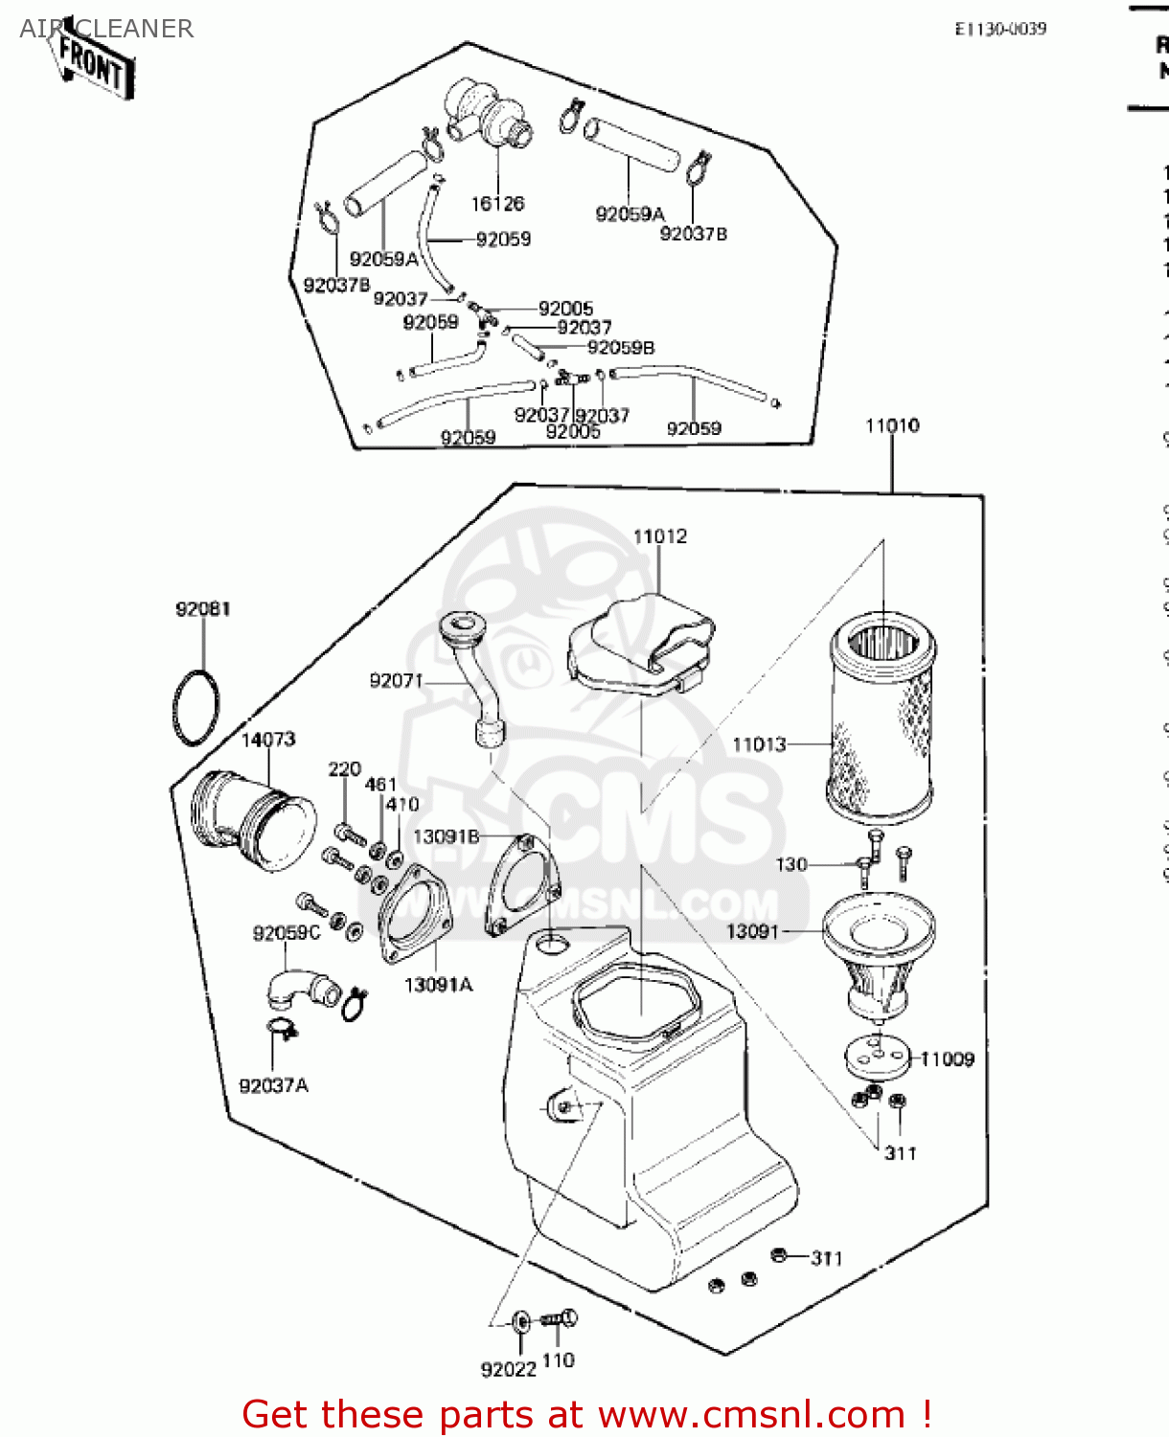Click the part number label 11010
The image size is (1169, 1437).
(892, 425)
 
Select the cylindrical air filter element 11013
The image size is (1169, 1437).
(880, 718)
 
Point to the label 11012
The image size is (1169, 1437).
(660, 536)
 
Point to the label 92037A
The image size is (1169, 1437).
(273, 1085)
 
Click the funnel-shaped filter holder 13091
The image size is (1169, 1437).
(879, 958)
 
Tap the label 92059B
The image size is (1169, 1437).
(621, 348)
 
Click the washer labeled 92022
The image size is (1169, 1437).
(521, 1322)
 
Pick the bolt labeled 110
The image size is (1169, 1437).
(560, 1319)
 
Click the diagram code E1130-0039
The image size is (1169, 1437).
(1000, 29)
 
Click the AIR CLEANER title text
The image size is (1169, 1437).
(106, 29)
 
